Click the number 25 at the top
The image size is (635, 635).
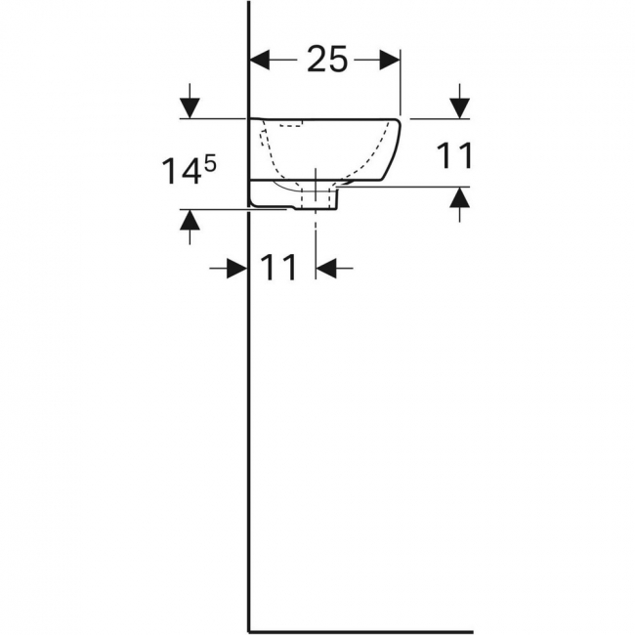[x=327, y=60]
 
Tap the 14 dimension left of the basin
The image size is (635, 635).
[x=182, y=171]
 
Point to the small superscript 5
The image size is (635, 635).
[x=210, y=165]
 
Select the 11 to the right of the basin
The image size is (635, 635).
[x=455, y=155]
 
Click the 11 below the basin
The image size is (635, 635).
[x=278, y=268]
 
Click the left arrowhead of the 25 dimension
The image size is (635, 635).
[x=260, y=60]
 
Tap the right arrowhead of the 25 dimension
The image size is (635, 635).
[x=390, y=60]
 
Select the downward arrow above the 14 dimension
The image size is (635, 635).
[x=190, y=101]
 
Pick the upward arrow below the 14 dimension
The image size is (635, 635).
[x=190, y=228]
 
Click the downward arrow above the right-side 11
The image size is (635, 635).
[x=460, y=102]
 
